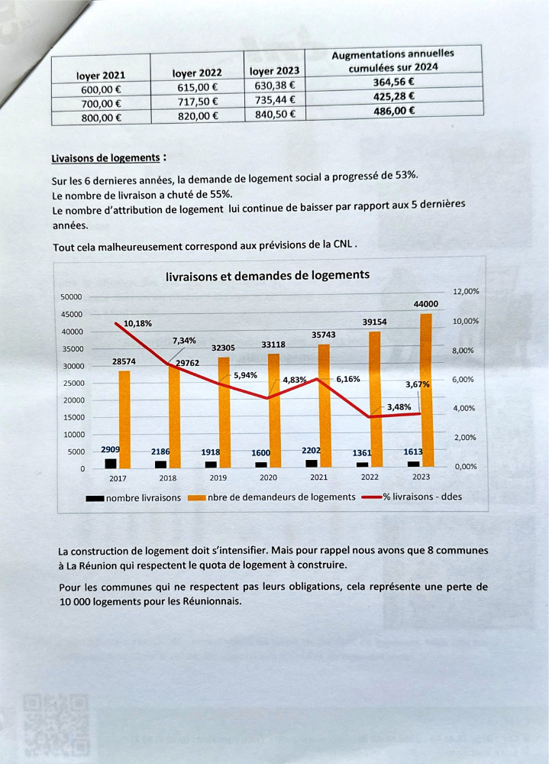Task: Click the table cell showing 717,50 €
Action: coord(196,102)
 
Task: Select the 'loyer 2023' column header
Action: coord(273,71)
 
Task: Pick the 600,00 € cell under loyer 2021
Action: coord(100,89)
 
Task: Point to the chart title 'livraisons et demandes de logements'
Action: coord(267,276)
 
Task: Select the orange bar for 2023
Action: coord(426,390)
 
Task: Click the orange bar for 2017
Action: coord(124,419)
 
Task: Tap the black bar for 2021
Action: coord(311,463)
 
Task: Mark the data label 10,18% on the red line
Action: coord(137,323)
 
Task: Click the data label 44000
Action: coord(425,304)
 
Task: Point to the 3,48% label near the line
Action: coord(399,407)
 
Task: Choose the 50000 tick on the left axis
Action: coord(71,296)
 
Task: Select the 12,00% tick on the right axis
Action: coord(466,292)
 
